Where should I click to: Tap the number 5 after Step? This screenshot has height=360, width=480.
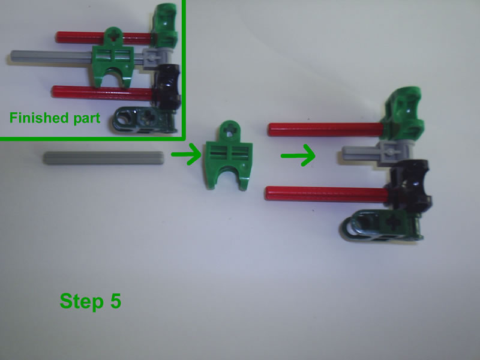pos(115,301)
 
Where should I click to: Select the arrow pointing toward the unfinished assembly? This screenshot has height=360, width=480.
pos(298,157)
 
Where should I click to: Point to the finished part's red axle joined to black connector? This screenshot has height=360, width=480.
pos(102,92)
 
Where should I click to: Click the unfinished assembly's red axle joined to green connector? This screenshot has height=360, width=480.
pos(324,127)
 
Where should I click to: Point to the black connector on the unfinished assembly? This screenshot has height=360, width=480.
pos(408,186)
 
